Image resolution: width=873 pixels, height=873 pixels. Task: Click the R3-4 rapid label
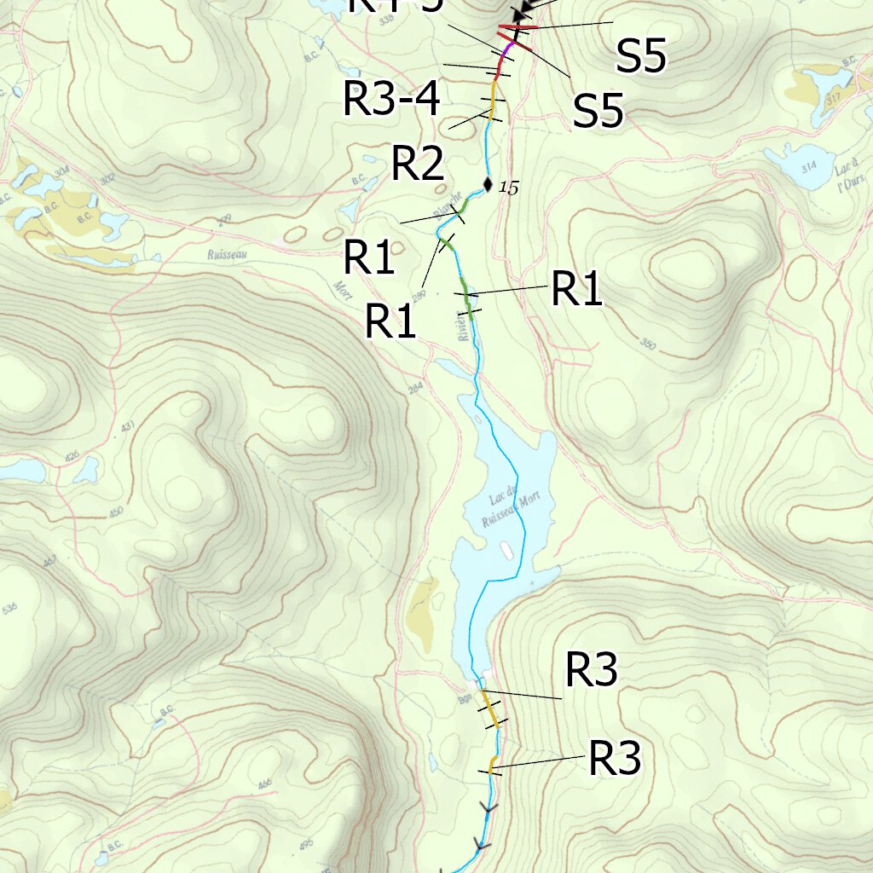coord(391,98)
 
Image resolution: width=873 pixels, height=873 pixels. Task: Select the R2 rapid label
coord(418,164)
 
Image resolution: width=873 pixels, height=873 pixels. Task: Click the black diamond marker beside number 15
coord(488,183)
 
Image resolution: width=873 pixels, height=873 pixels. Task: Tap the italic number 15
coord(508,187)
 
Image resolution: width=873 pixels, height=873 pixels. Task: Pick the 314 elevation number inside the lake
coord(804,165)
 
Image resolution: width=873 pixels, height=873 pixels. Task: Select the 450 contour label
coord(116,512)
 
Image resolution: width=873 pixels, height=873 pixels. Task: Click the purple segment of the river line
coord(507,54)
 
